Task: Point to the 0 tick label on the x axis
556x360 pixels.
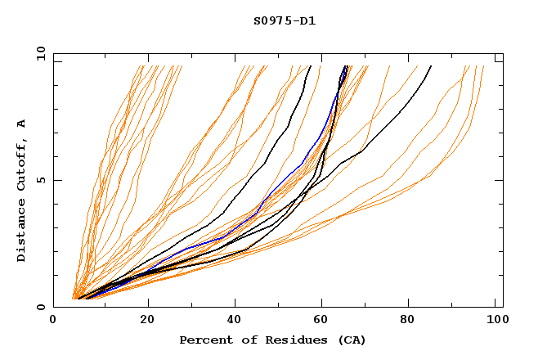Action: pos(54,320)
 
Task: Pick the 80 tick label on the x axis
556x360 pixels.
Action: pos(411,320)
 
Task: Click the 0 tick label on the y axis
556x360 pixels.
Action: pos(40,307)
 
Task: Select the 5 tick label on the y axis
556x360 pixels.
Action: pos(40,180)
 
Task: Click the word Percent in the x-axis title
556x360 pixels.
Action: pos(204,340)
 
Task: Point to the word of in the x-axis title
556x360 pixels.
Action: pos(244,340)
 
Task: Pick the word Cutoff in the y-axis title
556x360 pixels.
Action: pos(22,161)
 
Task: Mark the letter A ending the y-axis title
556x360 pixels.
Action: pos(22,123)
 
